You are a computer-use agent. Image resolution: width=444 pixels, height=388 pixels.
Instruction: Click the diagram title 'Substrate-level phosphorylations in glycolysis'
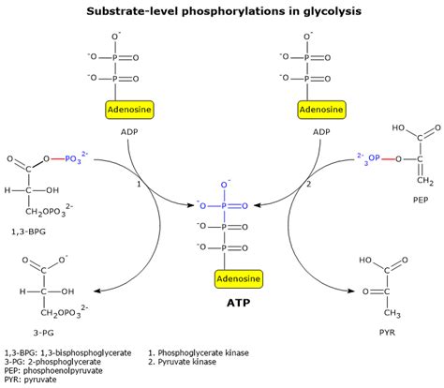pos(221,11)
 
